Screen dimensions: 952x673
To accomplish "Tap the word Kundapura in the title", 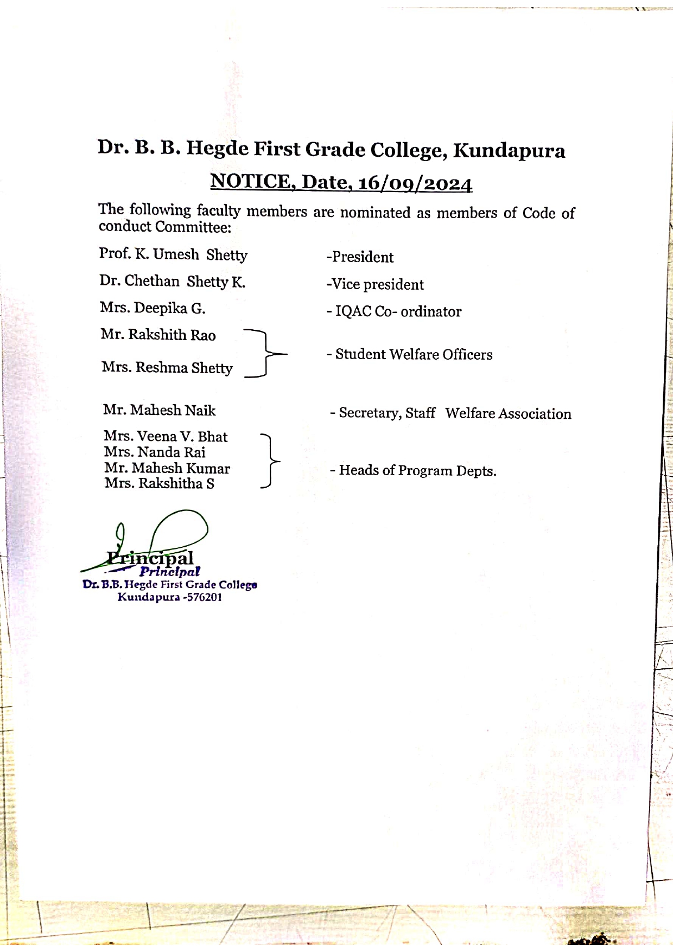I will coord(509,150).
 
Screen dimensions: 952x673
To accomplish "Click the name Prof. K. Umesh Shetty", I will coord(173,254).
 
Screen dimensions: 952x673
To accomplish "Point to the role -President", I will coord(360,257).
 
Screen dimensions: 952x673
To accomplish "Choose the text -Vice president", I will coord(375,284).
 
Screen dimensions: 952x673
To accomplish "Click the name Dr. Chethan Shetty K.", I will coord(172,282).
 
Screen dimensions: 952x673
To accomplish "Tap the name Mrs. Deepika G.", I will coord(153,308).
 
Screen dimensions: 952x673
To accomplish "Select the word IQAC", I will coord(353,311).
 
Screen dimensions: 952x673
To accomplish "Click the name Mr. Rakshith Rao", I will coord(158,335).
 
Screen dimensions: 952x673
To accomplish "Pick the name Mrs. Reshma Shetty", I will coord(167,368).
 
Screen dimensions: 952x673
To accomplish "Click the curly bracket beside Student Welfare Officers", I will coord(265,353).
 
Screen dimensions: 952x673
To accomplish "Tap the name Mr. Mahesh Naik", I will coord(159,410).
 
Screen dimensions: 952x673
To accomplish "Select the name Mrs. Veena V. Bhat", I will coord(166,437).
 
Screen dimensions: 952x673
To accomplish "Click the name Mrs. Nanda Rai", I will coord(155,452).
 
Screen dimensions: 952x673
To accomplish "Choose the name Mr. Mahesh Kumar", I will coord(167,468).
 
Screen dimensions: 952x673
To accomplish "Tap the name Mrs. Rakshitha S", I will coord(160,483).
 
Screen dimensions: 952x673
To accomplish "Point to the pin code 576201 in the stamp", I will coord(204,598).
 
